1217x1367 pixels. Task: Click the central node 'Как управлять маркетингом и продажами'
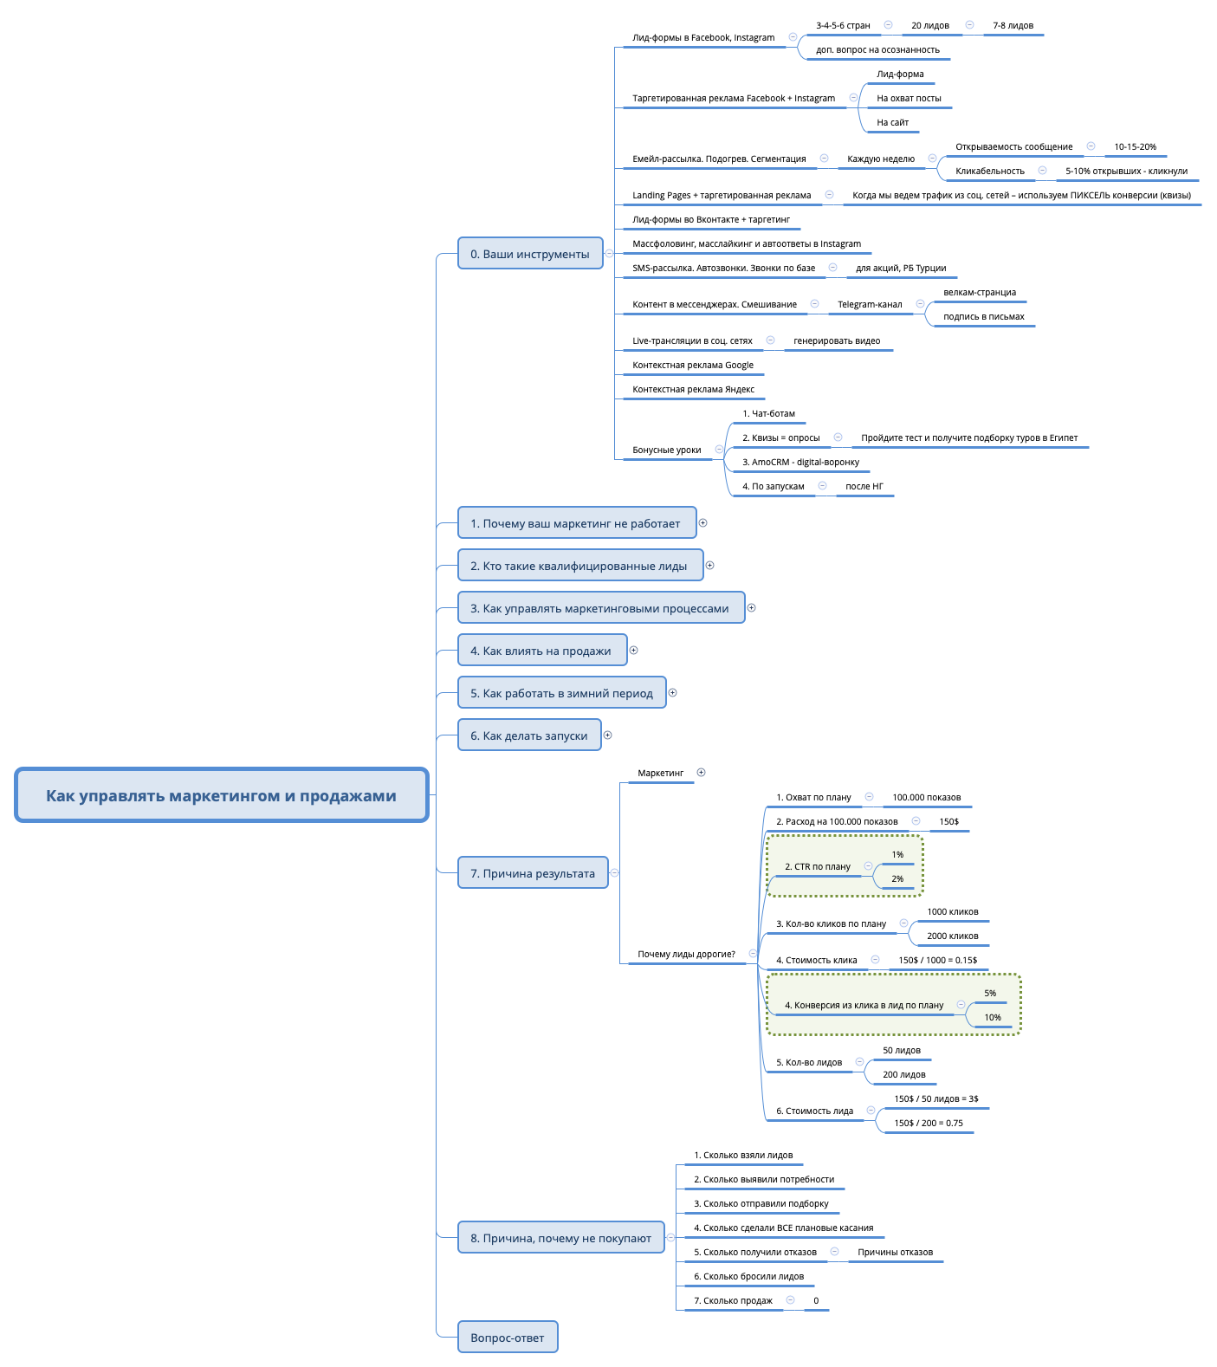click(x=221, y=795)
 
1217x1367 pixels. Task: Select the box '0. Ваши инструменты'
click(x=529, y=254)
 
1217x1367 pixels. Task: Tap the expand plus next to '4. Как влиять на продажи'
click(x=633, y=650)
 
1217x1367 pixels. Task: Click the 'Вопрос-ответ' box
click(x=507, y=1337)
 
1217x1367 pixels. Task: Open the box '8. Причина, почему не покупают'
click(x=560, y=1238)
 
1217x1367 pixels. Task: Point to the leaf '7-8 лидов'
click(x=1013, y=26)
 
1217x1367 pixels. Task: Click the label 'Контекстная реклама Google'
click(x=692, y=366)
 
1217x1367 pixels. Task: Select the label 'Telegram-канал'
click(x=869, y=305)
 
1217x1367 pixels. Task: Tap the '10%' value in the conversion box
click(x=992, y=1018)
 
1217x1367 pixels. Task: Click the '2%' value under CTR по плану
click(x=897, y=879)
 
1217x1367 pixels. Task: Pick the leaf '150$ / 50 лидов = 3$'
click(x=935, y=1099)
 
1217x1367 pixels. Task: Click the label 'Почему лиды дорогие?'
click(x=686, y=955)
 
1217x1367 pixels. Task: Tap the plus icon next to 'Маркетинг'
click(x=701, y=772)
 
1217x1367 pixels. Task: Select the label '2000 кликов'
click(x=952, y=936)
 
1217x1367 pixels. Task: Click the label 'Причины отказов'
click(x=895, y=1253)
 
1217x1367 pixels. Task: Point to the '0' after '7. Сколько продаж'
click(x=815, y=1301)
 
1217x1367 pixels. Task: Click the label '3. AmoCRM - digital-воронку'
click(x=800, y=463)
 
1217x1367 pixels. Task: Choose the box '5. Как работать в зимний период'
click(x=561, y=693)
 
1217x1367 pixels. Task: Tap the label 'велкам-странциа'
click(x=979, y=293)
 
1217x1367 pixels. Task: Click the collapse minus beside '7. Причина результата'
click(x=614, y=872)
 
